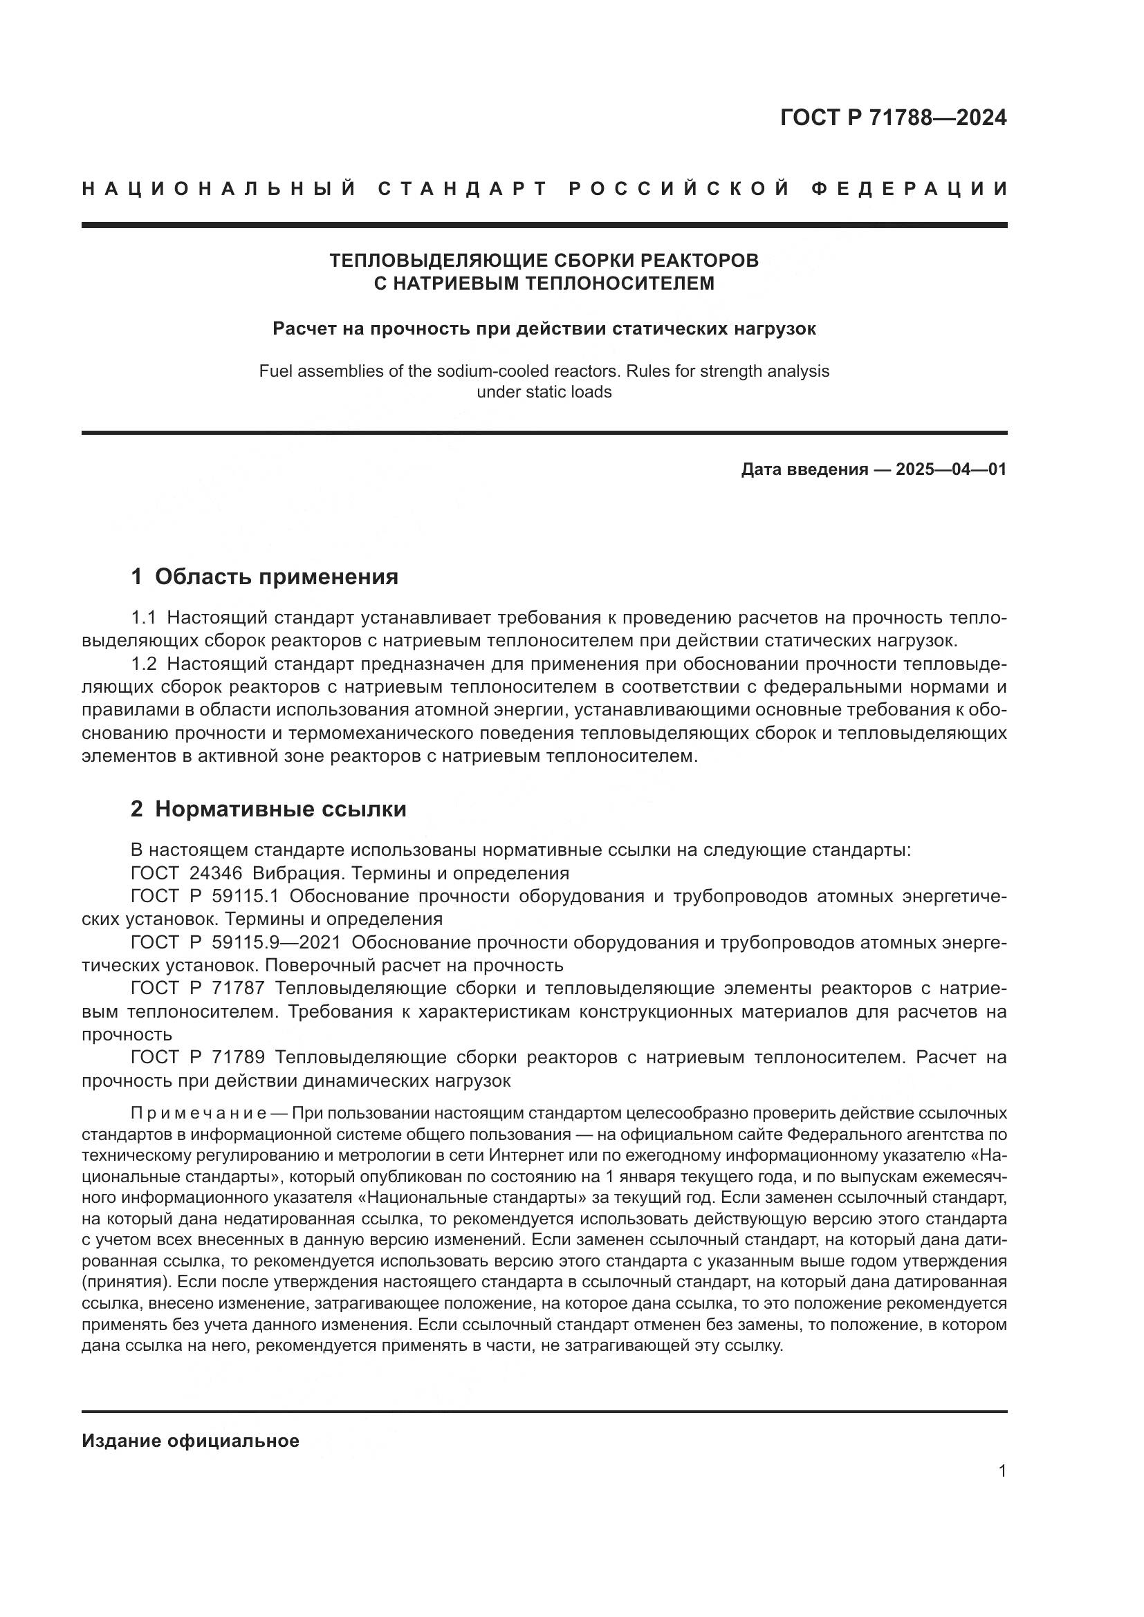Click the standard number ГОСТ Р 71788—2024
pos(892,118)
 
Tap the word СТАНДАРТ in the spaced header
pos(463,189)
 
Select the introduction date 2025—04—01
pos(951,469)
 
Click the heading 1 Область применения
pos(264,577)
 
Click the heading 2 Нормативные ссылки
pos(268,810)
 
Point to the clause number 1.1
pos(143,617)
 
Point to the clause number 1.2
pos(144,664)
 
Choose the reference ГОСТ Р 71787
pos(197,989)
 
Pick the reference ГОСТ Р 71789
pos(197,1058)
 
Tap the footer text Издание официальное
pos(190,1441)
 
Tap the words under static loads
pos(544,392)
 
